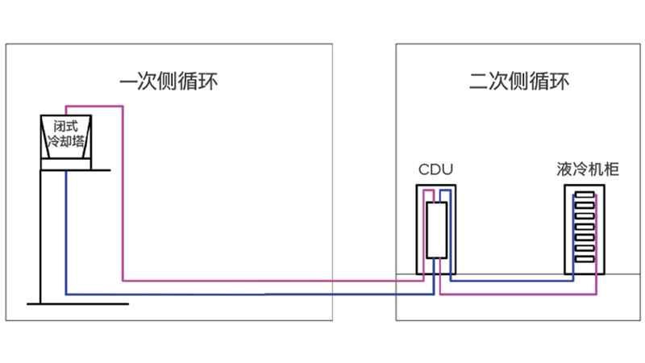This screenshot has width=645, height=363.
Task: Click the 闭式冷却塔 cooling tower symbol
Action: [x=66, y=142]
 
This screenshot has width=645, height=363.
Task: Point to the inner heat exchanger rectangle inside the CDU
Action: [x=435, y=231]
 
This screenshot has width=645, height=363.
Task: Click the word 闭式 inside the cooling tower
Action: [x=66, y=127]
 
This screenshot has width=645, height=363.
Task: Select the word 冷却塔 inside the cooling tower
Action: [x=66, y=141]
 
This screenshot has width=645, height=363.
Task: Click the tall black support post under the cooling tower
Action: [x=42, y=234]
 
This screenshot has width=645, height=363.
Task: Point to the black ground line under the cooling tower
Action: [x=77, y=303]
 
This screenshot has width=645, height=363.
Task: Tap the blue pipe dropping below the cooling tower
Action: [x=66, y=234]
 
